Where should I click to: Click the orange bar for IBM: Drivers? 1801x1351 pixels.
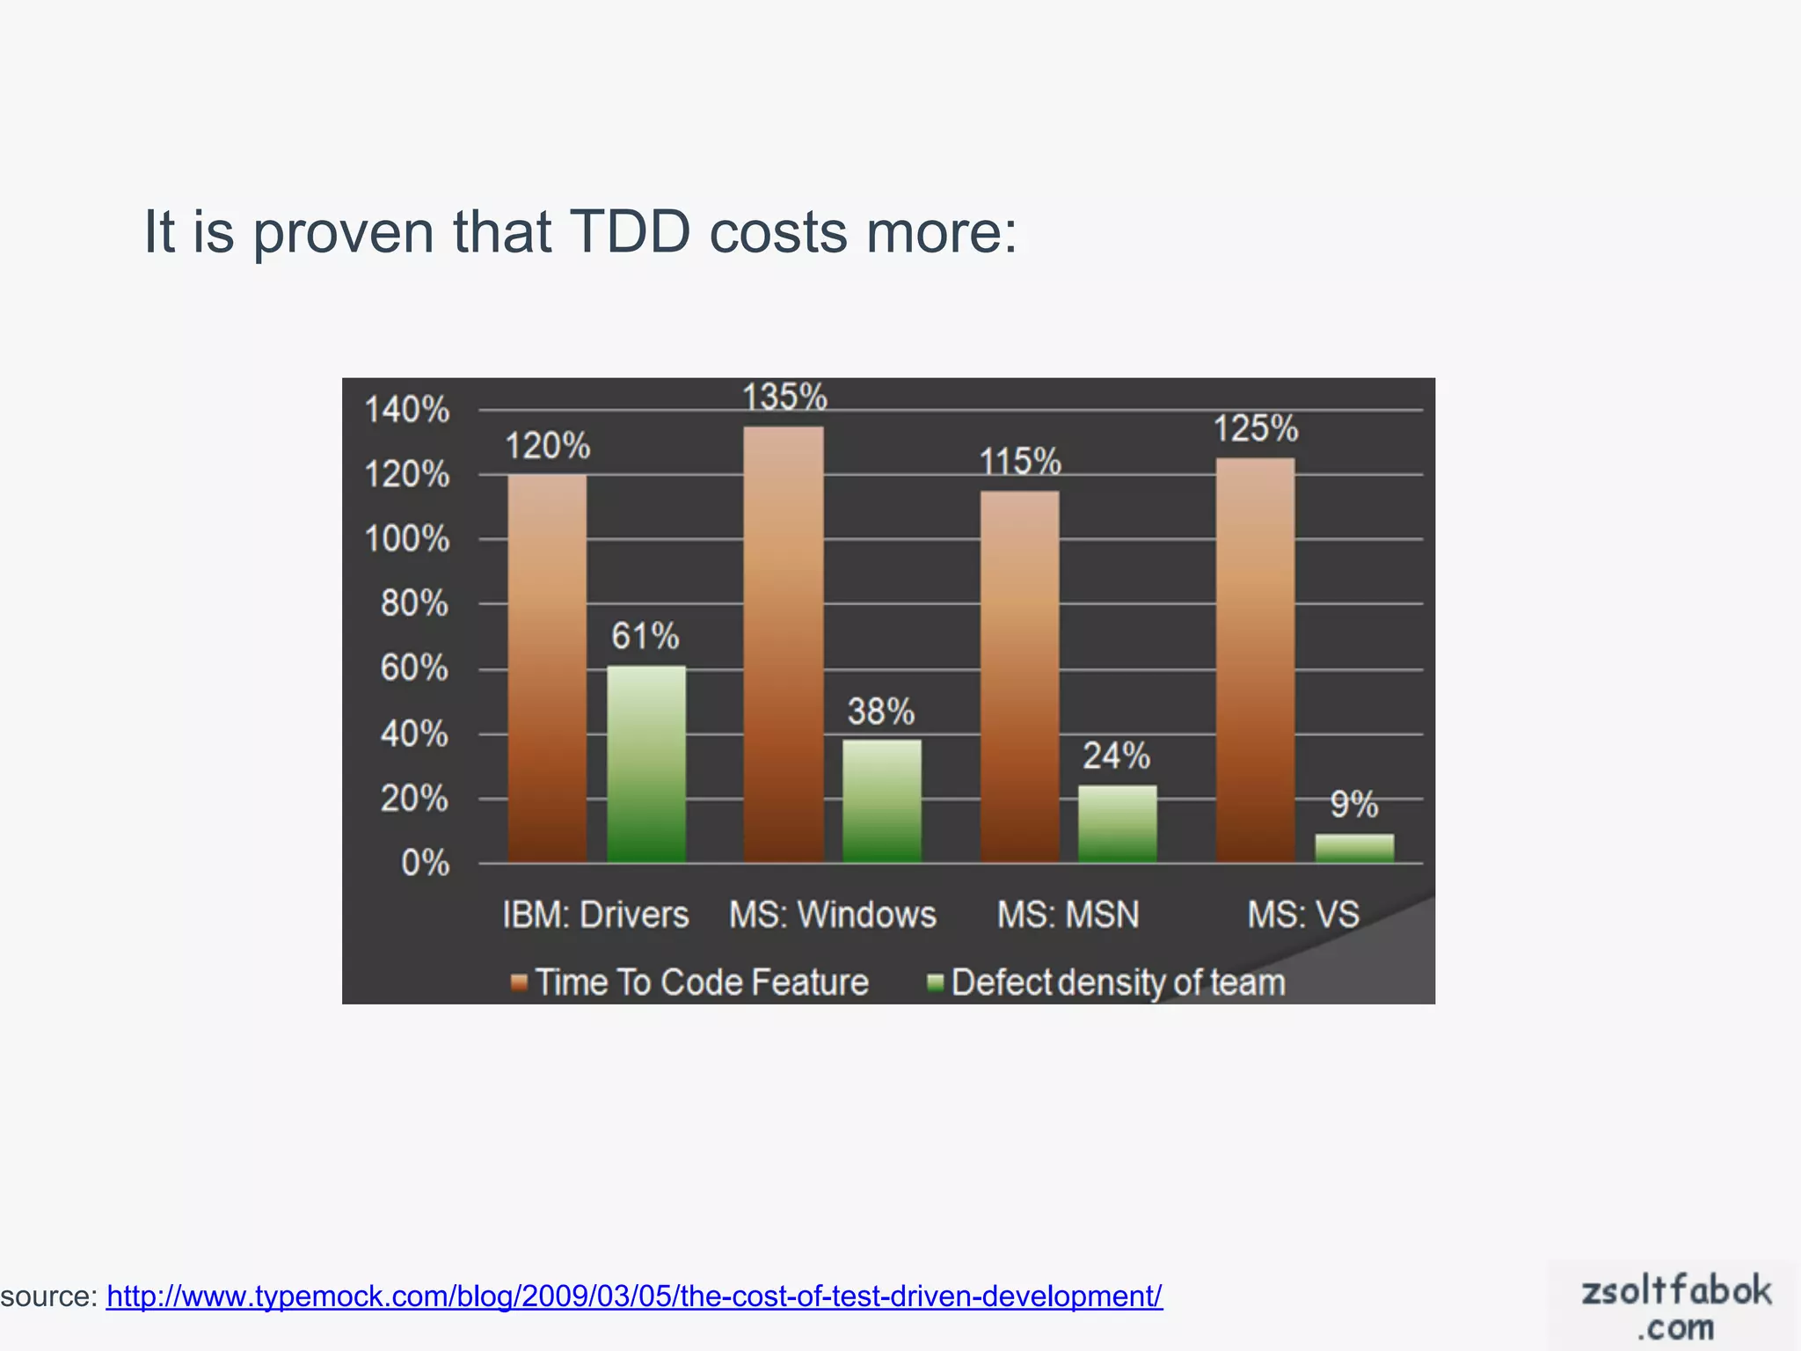tap(547, 668)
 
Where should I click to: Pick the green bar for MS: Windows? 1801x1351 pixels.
tap(882, 800)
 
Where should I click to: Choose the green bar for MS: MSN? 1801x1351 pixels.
tap(1118, 823)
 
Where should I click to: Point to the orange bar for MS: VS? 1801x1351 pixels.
tap(1256, 660)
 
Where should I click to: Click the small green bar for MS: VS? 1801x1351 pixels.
tap(1354, 848)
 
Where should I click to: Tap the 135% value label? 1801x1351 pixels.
tap(784, 397)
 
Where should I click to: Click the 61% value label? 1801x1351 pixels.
tap(645, 636)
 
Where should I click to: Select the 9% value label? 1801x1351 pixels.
tap(1353, 804)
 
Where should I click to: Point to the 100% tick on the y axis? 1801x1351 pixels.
tap(407, 538)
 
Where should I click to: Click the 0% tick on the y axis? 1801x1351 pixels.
tap(425, 863)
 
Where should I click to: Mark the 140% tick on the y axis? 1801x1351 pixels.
tap(407, 410)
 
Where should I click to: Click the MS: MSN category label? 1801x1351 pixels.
tap(1068, 915)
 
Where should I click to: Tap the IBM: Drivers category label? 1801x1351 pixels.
tap(595, 915)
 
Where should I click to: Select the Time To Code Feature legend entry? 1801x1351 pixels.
tap(691, 982)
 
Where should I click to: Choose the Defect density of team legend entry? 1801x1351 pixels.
tap(1108, 982)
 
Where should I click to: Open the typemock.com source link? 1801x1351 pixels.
tap(634, 1296)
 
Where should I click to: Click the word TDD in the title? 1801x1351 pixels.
tap(630, 232)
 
